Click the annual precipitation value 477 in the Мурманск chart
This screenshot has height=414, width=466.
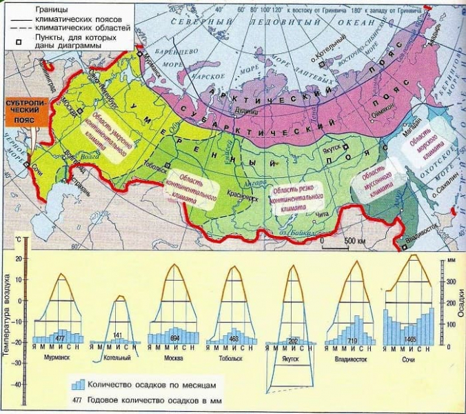tap(61, 338)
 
